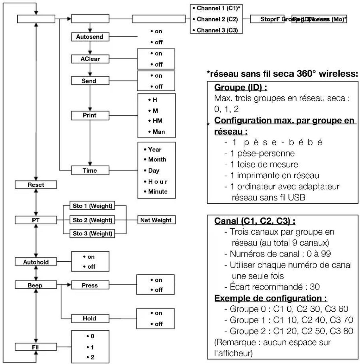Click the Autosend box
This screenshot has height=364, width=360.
tap(90, 37)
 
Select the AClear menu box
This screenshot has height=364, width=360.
tap(90, 59)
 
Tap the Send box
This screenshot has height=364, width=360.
tap(90, 81)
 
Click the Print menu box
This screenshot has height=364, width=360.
tap(90, 115)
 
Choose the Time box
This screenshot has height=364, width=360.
tap(90, 171)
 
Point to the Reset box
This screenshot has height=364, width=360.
tap(36, 185)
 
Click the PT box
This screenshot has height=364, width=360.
tap(36, 220)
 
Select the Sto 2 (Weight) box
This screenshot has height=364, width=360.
tap(93, 220)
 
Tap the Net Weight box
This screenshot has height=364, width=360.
tap(156, 220)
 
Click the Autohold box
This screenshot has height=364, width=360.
tap(36, 262)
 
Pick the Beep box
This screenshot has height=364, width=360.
tap(36, 285)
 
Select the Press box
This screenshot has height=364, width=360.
tap(90, 285)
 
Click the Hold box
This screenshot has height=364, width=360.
tap(90, 318)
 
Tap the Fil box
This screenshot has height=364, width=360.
tap(36, 347)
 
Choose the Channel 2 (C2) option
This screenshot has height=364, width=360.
tap(217, 19)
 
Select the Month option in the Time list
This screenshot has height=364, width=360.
tap(157, 160)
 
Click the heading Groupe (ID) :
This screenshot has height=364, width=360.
tap(241, 88)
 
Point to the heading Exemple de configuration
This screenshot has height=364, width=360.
tap(271, 298)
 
